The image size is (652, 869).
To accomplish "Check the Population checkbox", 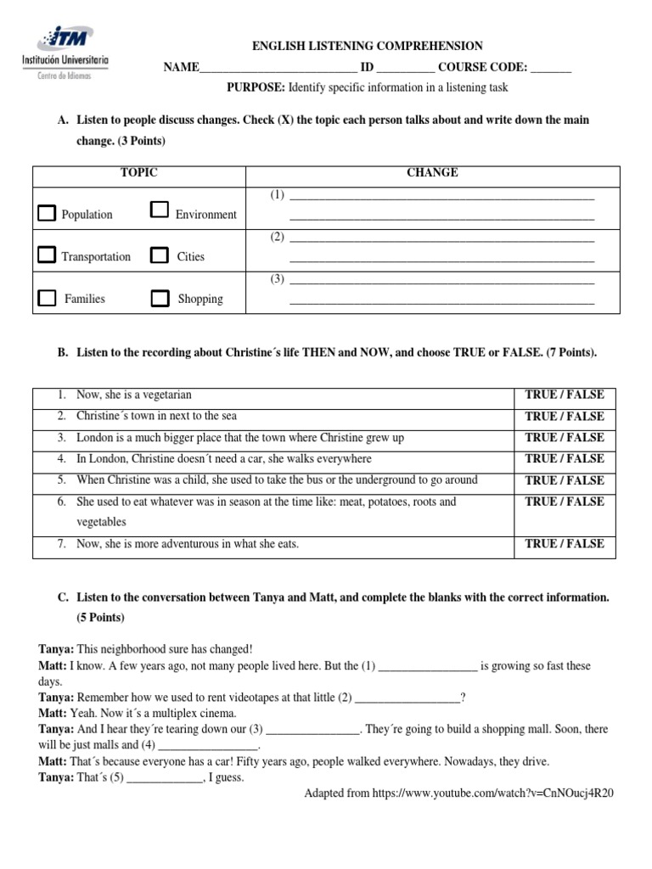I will click(47, 213).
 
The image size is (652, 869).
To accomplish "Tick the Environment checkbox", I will click(159, 210).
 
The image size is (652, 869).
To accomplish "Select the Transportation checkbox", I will click(47, 255).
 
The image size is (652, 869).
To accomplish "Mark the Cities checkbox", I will click(159, 255).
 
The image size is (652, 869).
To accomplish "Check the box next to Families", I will click(48, 297).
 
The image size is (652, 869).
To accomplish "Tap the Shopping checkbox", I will click(160, 298).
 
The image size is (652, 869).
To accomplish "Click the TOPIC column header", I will click(138, 172).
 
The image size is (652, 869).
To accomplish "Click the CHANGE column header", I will click(432, 172).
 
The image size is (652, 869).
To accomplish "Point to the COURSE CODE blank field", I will click(551, 69).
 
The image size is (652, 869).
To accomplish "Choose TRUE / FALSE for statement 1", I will click(565, 395).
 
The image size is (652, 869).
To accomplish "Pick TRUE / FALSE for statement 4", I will click(565, 458).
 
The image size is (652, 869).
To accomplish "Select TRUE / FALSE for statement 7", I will click(565, 543).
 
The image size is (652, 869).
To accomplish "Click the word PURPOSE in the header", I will click(256, 87).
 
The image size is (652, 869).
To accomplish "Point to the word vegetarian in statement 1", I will click(166, 395).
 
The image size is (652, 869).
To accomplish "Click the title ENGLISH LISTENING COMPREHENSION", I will click(367, 47).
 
